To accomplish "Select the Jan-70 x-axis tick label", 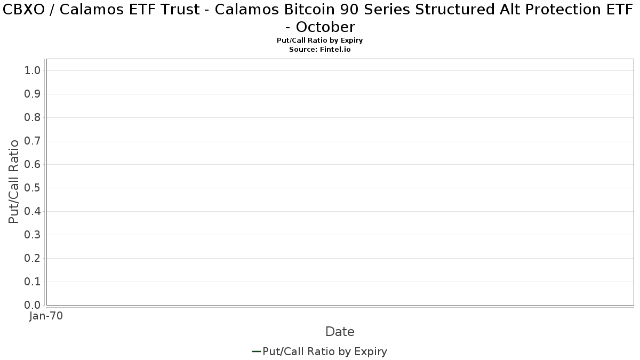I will point(46,316).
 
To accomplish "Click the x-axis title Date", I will point(340,332).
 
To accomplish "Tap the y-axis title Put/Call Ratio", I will point(14,181).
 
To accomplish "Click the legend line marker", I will point(256,351).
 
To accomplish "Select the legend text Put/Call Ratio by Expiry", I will point(325,351).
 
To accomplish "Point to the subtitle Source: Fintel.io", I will point(320,49).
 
